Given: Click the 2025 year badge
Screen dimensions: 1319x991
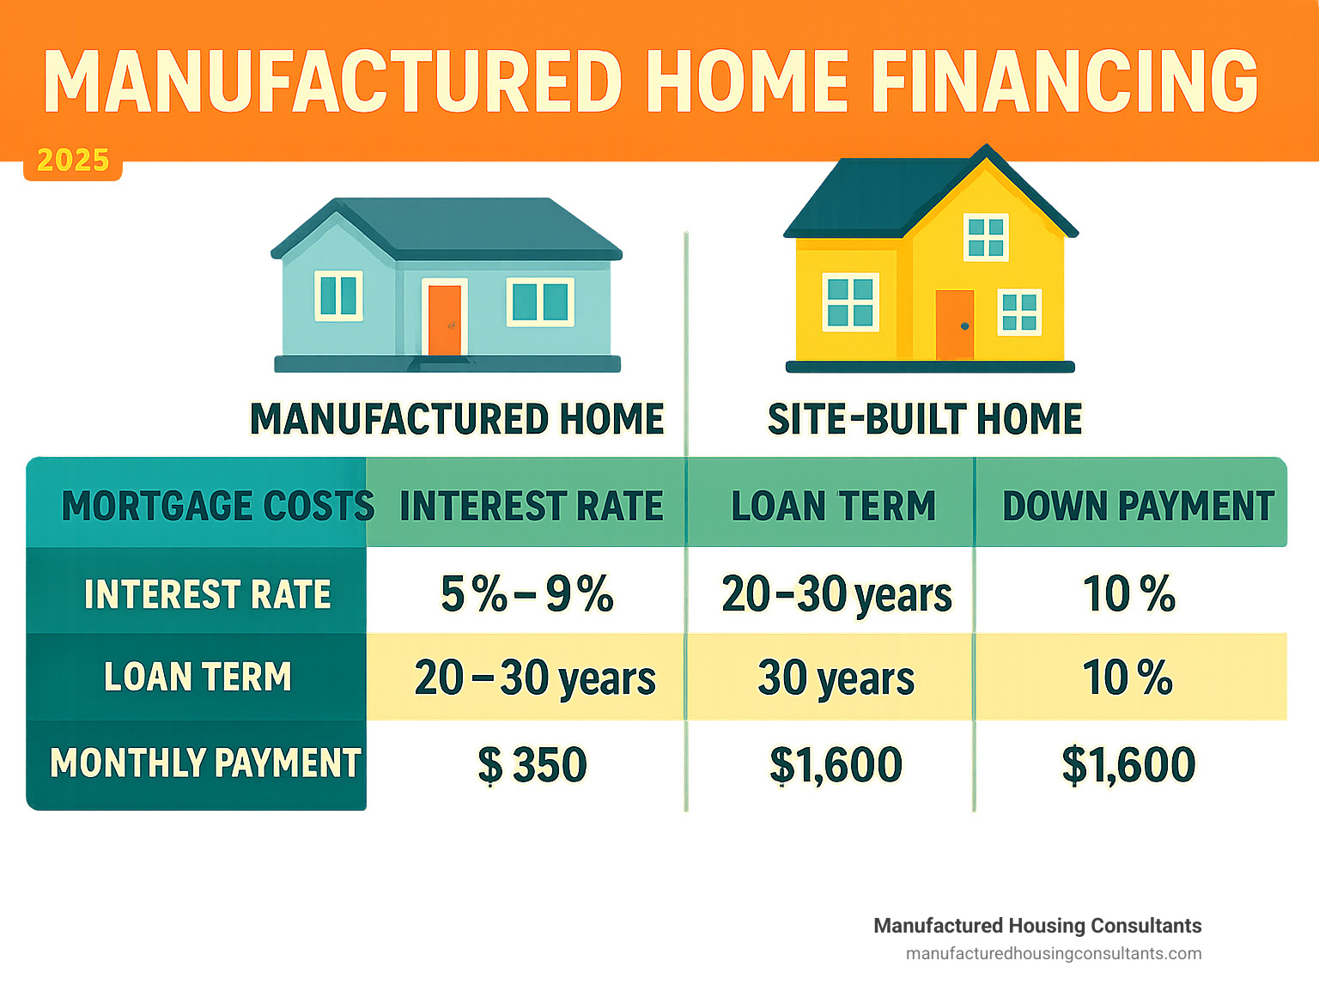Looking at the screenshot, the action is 73,161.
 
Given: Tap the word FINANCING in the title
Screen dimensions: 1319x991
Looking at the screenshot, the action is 1064,82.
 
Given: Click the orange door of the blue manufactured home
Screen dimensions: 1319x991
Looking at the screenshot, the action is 445,320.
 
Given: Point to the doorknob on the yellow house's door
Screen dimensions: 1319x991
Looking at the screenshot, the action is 965,326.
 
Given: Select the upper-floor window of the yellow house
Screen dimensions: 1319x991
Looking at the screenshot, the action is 986,237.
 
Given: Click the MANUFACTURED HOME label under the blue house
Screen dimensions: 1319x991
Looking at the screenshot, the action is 458,419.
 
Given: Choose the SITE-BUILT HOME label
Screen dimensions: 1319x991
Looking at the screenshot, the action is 925,419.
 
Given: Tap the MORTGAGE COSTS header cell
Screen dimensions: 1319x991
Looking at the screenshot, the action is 217,506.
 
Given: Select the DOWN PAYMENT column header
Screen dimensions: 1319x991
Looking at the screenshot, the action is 1138,506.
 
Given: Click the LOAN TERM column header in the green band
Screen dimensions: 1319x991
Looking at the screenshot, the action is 834,506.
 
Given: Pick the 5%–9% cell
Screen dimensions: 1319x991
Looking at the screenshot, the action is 527,593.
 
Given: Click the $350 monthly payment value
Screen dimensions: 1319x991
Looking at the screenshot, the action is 532,764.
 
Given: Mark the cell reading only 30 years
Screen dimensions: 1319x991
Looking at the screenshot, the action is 836,678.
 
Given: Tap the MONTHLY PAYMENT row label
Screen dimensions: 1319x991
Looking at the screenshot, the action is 205,763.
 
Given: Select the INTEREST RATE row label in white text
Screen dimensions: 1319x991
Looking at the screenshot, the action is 207,594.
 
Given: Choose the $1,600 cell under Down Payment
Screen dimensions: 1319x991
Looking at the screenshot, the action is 1128,764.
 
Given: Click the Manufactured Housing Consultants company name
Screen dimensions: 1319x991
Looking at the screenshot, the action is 1037,926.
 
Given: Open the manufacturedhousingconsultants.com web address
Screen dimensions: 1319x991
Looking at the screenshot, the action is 1054,954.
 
